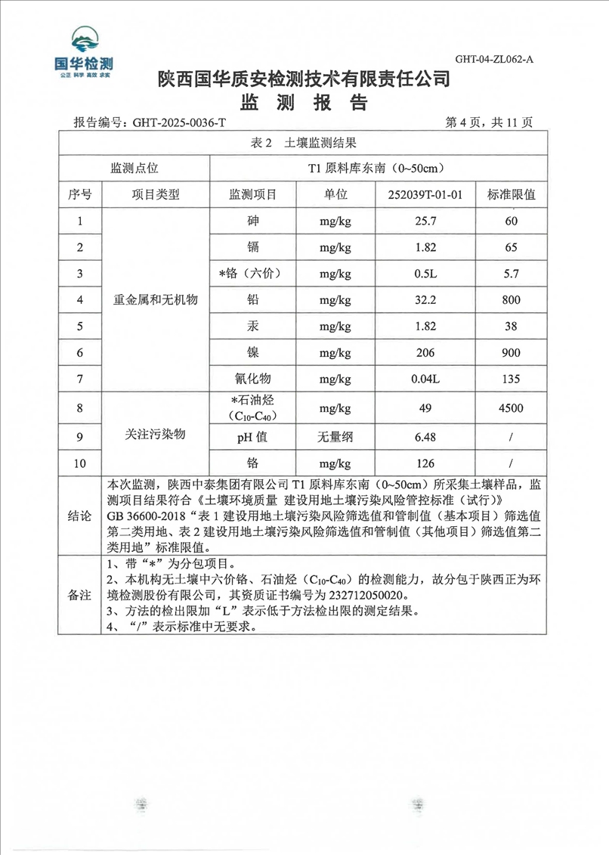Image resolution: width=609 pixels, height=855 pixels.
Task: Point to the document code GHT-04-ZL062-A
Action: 495,59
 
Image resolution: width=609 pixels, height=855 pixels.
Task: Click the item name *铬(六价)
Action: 252,274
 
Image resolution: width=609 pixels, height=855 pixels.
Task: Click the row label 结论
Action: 79,516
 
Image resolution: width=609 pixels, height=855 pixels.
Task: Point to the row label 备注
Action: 79,596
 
